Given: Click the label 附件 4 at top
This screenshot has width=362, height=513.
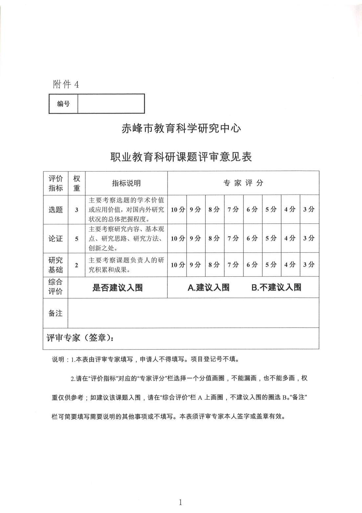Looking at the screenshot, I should (66, 85).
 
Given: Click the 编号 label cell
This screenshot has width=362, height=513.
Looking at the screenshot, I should (63, 104).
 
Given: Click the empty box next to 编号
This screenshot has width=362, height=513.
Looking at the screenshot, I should (111, 104).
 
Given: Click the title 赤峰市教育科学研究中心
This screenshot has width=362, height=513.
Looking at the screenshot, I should (181, 128).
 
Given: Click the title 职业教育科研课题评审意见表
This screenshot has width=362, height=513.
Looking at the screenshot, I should (181, 157).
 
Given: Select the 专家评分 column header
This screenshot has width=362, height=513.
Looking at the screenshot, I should (243, 183).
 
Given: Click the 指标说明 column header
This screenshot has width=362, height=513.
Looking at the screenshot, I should (126, 183).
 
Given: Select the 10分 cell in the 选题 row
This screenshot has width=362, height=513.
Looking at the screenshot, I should (178, 210).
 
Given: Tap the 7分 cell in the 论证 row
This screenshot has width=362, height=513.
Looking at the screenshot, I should (233, 238).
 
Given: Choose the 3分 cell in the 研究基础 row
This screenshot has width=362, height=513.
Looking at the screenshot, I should (309, 264).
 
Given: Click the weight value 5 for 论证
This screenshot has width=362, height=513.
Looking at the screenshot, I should (77, 239).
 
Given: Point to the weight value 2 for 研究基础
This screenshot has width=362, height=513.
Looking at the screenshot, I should (77, 265).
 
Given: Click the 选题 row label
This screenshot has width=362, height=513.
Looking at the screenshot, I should (56, 210).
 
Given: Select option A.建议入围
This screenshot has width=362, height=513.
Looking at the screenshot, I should (208, 287).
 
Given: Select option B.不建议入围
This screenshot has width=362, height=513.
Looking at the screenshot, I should (276, 287).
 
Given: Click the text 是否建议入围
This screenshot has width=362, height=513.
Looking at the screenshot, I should (117, 288).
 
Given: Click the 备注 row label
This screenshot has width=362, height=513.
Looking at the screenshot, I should (56, 313).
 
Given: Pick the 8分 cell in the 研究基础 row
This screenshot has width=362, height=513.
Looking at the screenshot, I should (214, 264).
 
